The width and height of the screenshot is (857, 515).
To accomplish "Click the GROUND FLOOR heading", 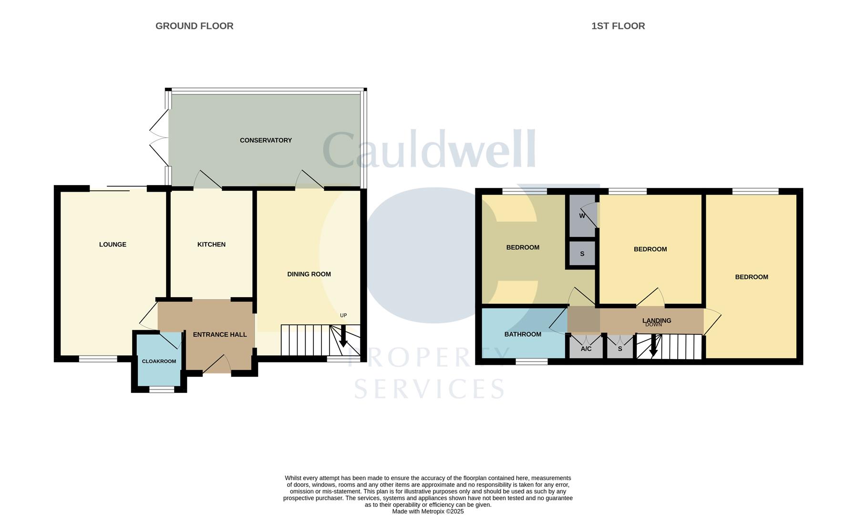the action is pos(194,26).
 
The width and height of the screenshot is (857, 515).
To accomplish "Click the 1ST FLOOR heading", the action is pos(618,26).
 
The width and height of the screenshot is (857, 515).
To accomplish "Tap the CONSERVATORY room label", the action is pos(266,140).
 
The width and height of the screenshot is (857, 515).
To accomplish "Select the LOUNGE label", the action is pos(113,245).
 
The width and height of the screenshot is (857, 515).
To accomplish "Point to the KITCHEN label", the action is pos(211,245).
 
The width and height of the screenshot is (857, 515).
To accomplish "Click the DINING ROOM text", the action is pos(309,274).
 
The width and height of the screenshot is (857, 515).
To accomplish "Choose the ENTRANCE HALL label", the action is pos(220,335).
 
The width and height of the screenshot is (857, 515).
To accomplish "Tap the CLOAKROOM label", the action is pos(159,361).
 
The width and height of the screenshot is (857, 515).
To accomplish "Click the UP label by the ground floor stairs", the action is pos(343,316).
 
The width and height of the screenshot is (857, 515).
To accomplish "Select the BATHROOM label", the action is pos(523,334).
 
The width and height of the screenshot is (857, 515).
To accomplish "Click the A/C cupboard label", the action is pos(586,349).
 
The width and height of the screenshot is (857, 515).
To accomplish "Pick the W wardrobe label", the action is pos(582,216).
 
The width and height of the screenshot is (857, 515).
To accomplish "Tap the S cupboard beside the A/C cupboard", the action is pos(620,349).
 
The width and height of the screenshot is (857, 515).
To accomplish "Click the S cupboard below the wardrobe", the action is pos(582,254).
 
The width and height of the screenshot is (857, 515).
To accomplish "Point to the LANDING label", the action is pos(657,321).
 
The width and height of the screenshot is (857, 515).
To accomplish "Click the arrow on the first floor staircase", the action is pos(654,346).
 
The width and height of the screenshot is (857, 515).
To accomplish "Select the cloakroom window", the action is pos(162,390).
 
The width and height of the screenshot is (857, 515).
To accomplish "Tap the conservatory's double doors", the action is pos(159,138).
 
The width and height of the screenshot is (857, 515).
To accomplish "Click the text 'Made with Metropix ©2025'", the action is pos(428,512).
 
